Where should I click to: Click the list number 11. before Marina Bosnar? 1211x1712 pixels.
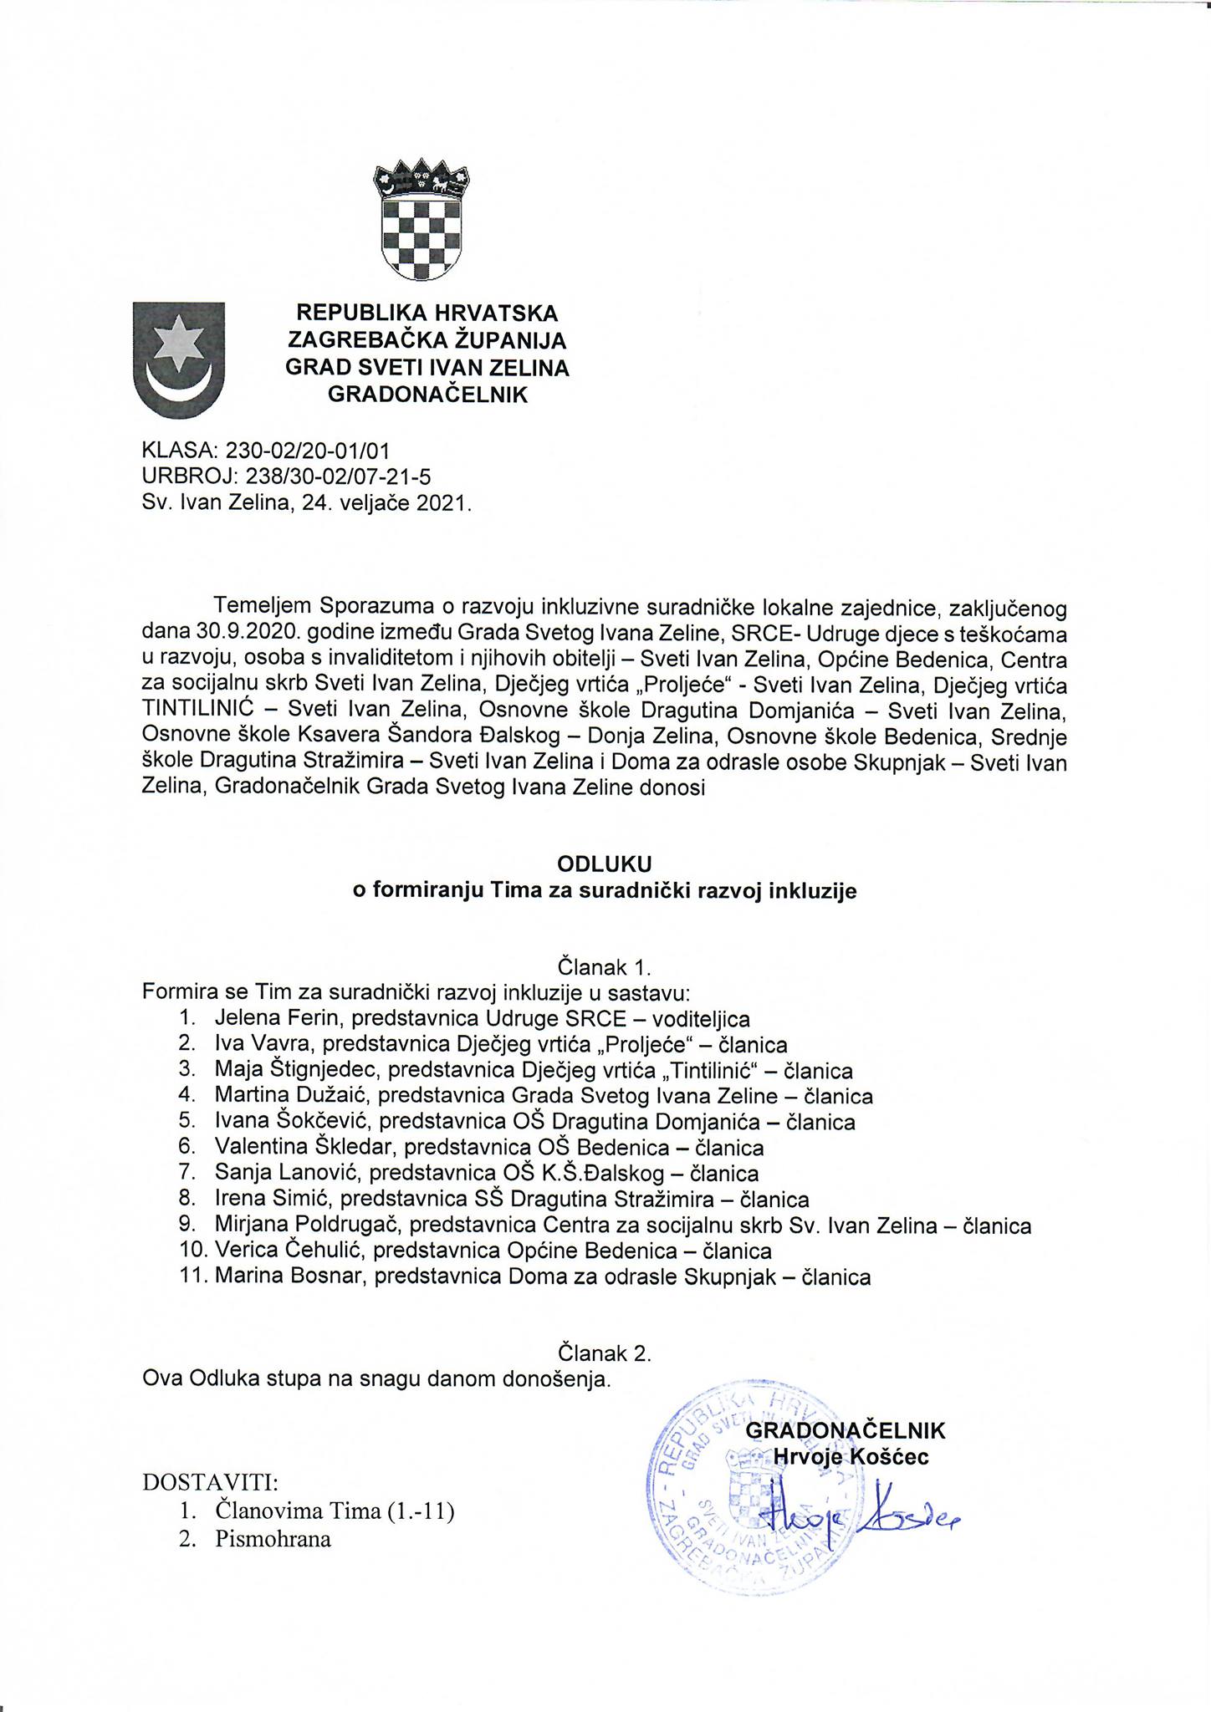(190, 1278)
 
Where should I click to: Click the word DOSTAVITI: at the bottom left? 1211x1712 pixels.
(211, 1483)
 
